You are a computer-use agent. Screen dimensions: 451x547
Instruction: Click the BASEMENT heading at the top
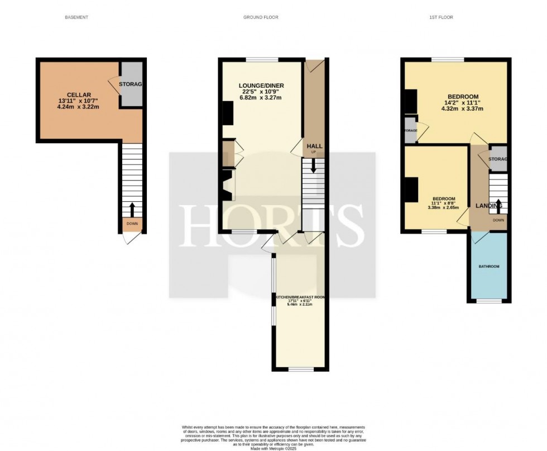(77, 17)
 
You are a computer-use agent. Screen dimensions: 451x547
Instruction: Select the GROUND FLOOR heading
(261, 17)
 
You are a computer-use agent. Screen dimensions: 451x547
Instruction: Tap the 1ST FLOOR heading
(441, 17)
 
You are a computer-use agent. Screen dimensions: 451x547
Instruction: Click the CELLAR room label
(75, 94)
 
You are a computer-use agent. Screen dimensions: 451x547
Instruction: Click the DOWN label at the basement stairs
(132, 224)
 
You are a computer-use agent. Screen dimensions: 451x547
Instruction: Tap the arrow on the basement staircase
(132, 209)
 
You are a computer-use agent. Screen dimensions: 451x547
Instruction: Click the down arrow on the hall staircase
(313, 165)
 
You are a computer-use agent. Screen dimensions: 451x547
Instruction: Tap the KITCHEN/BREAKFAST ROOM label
(299, 298)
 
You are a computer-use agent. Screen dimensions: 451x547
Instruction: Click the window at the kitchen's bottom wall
(301, 369)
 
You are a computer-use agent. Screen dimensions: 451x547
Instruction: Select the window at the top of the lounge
(262, 59)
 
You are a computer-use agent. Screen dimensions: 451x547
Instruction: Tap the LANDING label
(488, 206)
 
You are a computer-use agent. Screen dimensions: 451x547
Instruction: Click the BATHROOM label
(489, 266)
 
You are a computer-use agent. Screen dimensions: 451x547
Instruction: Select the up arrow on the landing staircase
(498, 202)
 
